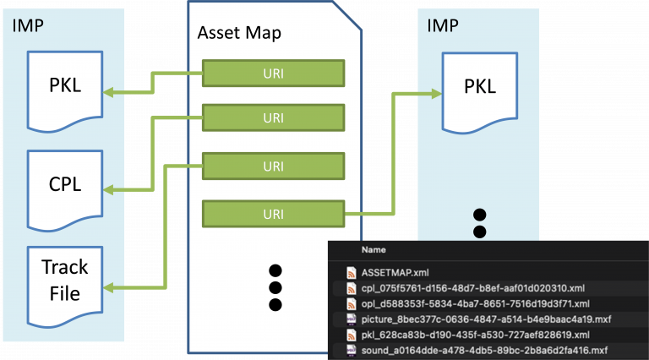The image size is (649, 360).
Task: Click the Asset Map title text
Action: coord(239,34)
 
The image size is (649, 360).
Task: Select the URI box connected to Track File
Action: coord(273,166)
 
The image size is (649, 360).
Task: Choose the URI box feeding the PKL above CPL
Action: coord(273,73)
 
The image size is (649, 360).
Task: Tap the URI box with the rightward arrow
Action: coord(273,213)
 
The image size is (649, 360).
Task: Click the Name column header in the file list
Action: coord(374,250)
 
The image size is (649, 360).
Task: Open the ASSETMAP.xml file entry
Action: coord(395,273)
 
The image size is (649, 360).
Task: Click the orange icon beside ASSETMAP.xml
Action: coord(351,273)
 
